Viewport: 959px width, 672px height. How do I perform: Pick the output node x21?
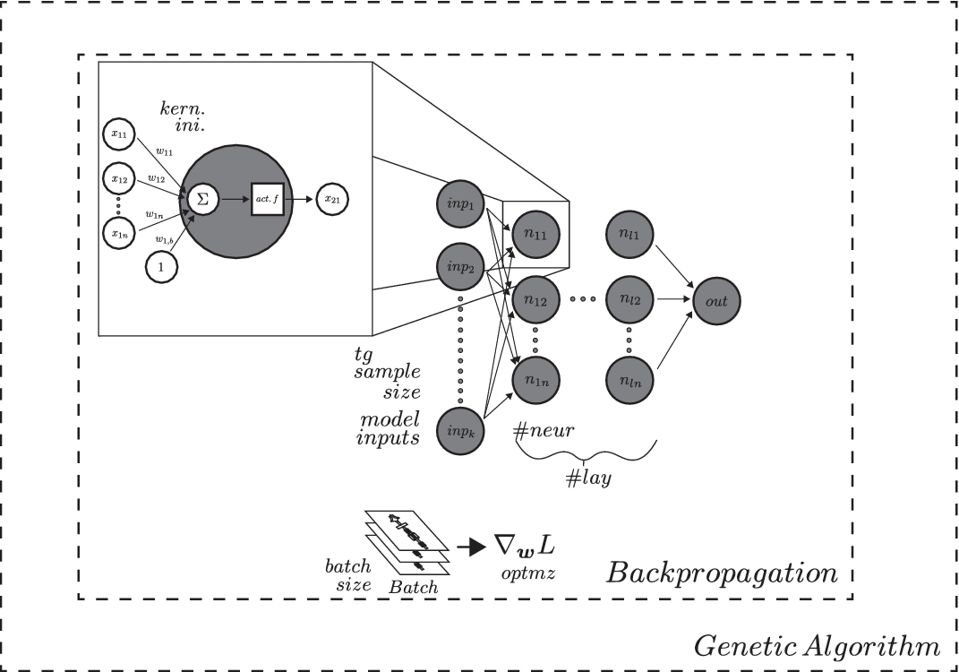tap(331, 199)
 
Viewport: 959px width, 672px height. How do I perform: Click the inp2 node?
tap(459, 266)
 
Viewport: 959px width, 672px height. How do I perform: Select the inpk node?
tap(459, 430)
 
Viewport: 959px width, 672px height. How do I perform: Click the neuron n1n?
tap(535, 378)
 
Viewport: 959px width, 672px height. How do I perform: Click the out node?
tap(717, 302)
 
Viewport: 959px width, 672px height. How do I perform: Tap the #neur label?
tap(544, 432)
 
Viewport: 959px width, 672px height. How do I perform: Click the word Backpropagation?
tap(722, 573)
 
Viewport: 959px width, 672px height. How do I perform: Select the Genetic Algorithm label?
tap(818, 645)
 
